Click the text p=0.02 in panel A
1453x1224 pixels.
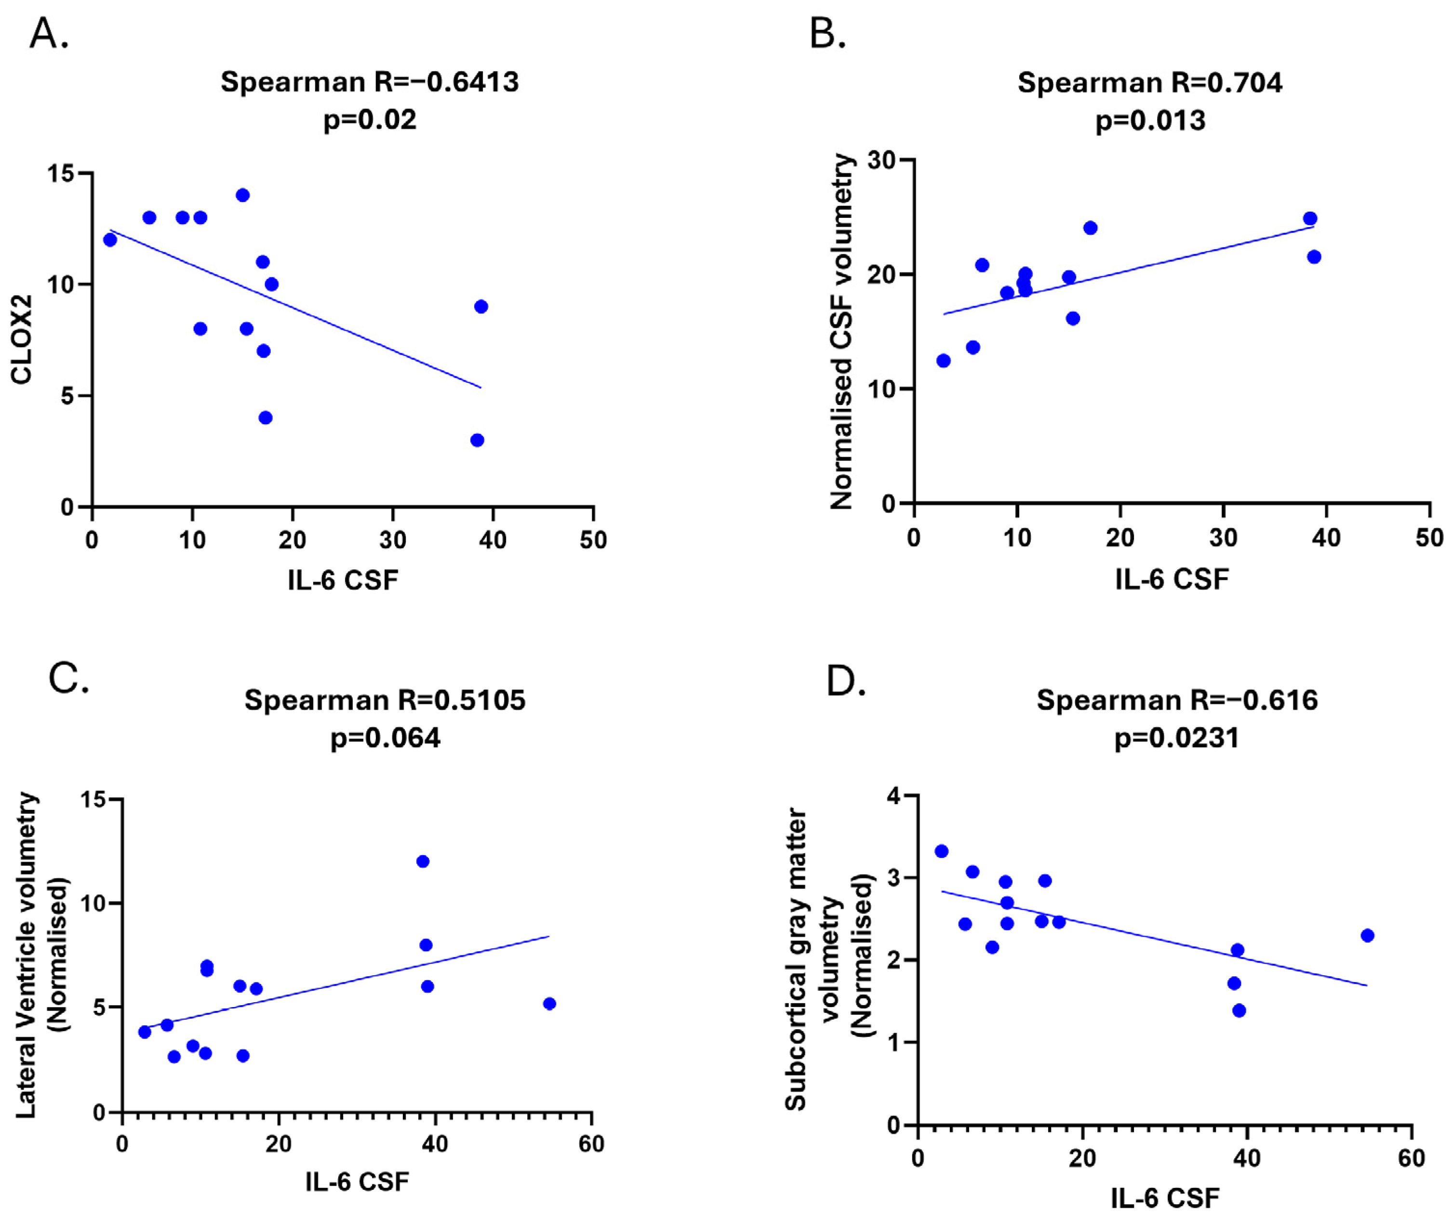pos(370,120)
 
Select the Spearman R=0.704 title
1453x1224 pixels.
pos(1149,82)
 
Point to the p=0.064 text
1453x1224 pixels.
pos(385,737)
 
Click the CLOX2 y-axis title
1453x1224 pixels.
pos(22,339)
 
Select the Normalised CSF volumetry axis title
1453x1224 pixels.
pos(841,332)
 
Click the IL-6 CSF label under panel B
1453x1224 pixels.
pos(1172,578)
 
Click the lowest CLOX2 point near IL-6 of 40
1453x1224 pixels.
pos(477,440)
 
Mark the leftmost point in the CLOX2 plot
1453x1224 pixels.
pos(109,240)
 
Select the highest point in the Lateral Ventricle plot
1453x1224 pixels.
pos(422,861)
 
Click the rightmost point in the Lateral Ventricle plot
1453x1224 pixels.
pos(549,1003)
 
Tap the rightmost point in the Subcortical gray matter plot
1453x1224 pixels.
pos(1367,935)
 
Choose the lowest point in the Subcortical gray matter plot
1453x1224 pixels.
pos(1239,1010)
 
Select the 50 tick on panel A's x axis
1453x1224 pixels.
pos(593,540)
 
